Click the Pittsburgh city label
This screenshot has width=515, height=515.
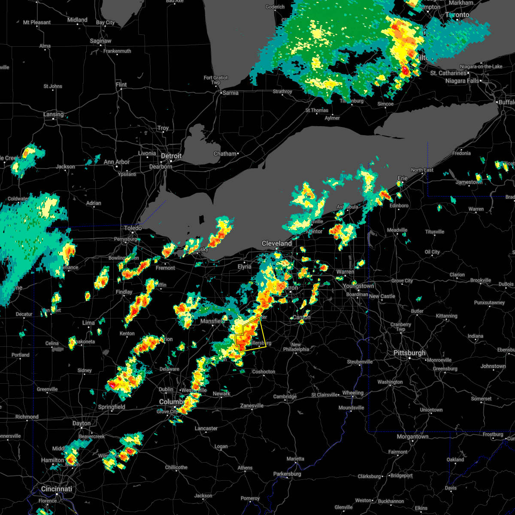point(409,353)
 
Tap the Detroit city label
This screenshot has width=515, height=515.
point(171,156)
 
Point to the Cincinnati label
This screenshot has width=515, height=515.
point(57,489)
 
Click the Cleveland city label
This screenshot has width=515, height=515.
point(277,243)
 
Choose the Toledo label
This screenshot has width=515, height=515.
point(133,228)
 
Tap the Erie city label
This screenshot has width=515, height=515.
point(403,178)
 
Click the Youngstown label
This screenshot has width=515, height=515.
point(358,286)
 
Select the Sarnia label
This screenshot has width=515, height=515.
point(230,93)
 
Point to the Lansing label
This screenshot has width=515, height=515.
point(53,115)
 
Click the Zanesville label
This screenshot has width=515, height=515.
point(252,406)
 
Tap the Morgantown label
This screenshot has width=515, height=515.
point(412,436)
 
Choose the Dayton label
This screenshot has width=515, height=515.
point(81,423)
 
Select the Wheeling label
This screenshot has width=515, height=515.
point(353,393)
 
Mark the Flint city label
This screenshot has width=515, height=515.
point(121,85)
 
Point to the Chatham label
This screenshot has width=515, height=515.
point(225,154)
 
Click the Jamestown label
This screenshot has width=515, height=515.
point(469,182)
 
